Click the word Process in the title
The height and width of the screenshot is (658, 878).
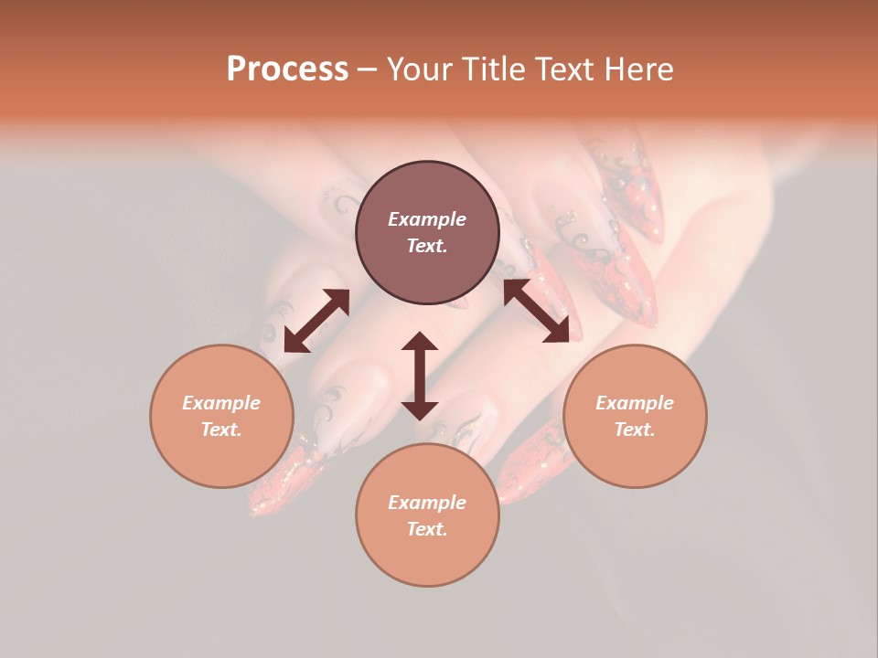tap(287, 69)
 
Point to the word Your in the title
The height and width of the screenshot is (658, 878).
tap(421, 69)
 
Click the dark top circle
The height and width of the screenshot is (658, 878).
tap(427, 233)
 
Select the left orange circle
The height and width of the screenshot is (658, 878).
tap(221, 416)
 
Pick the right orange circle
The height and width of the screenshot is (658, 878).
tap(635, 416)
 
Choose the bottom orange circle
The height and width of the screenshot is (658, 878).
tap(427, 515)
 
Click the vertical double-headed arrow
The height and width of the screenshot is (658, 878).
tap(420, 376)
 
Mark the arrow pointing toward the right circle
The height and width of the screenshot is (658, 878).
tap(536, 311)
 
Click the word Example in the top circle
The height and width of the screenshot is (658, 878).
tap(427, 219)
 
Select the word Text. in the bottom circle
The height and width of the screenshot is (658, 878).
tap(427, 529)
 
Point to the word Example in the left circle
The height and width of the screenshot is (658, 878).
tap(221, 403)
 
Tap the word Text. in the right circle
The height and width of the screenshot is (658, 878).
tap(635, 430)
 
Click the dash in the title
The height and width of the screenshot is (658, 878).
tap(367, 69)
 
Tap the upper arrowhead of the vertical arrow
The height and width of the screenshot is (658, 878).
tap(420, 341)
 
